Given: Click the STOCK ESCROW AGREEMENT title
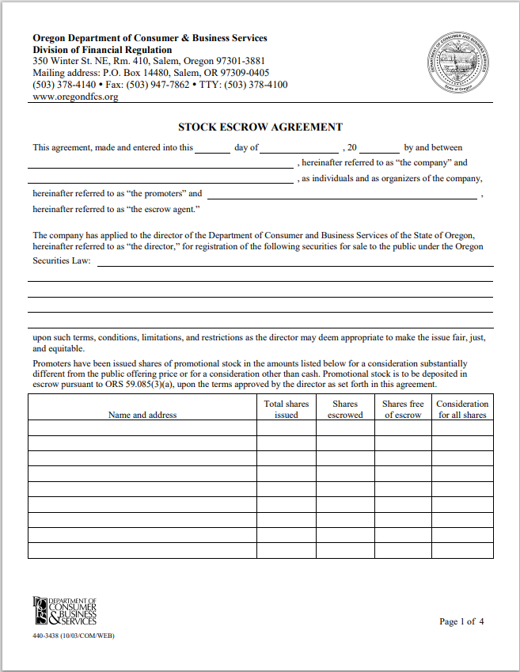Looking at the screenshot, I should [260, 127].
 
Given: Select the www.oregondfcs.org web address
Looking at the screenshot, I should [75, 97].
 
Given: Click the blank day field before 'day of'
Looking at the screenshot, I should [212, 148].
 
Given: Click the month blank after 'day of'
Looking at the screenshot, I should [299, 148].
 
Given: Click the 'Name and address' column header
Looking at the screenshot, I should [142, 415].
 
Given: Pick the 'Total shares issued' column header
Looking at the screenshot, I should [286, 409].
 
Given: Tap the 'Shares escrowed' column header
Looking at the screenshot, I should [345, 409].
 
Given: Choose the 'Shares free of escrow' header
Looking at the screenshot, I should [404, 409].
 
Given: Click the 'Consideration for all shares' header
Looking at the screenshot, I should [463, 409].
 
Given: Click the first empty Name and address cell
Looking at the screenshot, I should [142, 428].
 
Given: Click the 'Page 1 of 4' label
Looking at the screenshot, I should [461, 621].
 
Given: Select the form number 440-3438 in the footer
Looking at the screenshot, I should [49, 636].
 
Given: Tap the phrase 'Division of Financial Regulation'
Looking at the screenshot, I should [102, 50].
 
